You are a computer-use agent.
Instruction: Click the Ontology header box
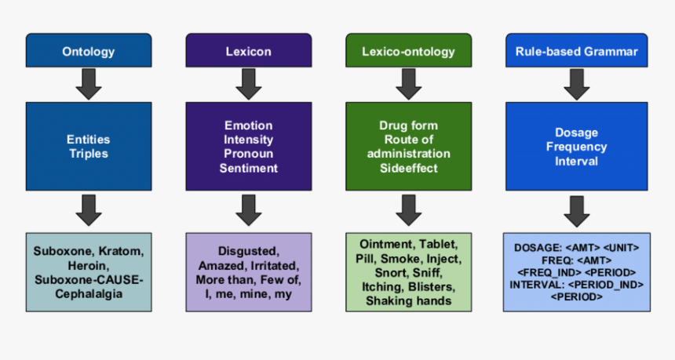[88, 53]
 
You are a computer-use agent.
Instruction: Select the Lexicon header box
[248, 53]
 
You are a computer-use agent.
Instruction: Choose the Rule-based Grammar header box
[576, 53]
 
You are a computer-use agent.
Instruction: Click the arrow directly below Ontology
[88, 84]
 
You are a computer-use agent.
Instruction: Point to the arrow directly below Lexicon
[248, 84]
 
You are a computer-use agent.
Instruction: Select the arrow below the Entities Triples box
[88, 209]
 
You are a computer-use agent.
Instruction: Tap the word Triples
[88, 154]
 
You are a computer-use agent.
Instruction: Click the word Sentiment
[248, 168]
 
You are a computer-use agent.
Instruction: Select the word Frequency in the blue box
[576, 147]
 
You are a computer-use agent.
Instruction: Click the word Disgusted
[248, 252]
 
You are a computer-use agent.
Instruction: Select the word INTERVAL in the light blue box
[537, 285]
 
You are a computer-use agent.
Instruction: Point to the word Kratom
[124, 252]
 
